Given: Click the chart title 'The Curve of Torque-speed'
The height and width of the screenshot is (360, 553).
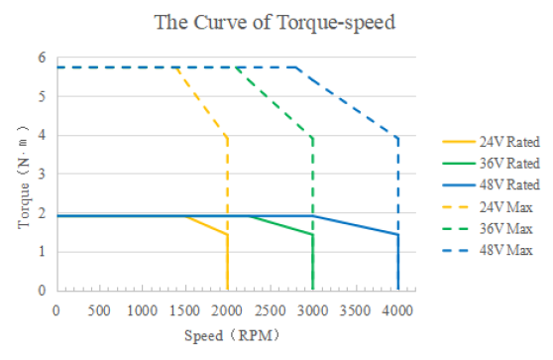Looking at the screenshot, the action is (x=275, y=23).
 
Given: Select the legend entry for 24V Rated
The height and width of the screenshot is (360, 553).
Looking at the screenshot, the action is (x=491, y=142).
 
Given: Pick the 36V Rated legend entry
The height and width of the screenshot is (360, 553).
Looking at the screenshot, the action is (x=491, y=164).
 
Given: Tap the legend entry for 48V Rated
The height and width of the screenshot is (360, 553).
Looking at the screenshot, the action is (x=491, y=184).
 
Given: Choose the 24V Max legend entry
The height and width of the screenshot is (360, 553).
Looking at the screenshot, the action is (x=488, y=207).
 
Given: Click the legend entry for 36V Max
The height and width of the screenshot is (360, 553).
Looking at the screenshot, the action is (x=488, y=229).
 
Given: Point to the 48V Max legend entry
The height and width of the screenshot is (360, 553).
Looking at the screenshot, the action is (x=488, y=251).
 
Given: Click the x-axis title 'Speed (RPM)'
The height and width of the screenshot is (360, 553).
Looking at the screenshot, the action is (x=232, y=335).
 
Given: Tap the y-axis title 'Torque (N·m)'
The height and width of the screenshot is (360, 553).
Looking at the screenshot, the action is (x=23, y=178).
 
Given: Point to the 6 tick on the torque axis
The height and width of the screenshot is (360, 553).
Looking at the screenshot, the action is (x=42, y=58).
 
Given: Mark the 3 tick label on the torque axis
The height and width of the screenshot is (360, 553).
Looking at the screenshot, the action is (x=42, y=174).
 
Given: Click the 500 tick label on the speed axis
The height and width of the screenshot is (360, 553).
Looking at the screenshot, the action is (x=99, y=311).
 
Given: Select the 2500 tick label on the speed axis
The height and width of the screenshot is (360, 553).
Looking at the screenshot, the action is (x=271, y=311).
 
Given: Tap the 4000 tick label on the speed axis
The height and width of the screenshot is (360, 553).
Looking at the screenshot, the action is (x=397, y=311).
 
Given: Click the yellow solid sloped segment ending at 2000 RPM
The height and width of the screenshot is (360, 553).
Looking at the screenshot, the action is (x=206, y=225).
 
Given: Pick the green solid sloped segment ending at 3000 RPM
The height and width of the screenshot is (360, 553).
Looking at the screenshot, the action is (x=280, y=225).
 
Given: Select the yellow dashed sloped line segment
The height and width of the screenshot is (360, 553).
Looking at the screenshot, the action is (x=202, y=102).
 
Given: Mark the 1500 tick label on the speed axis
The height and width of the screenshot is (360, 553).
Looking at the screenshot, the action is (x=184, y=311).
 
